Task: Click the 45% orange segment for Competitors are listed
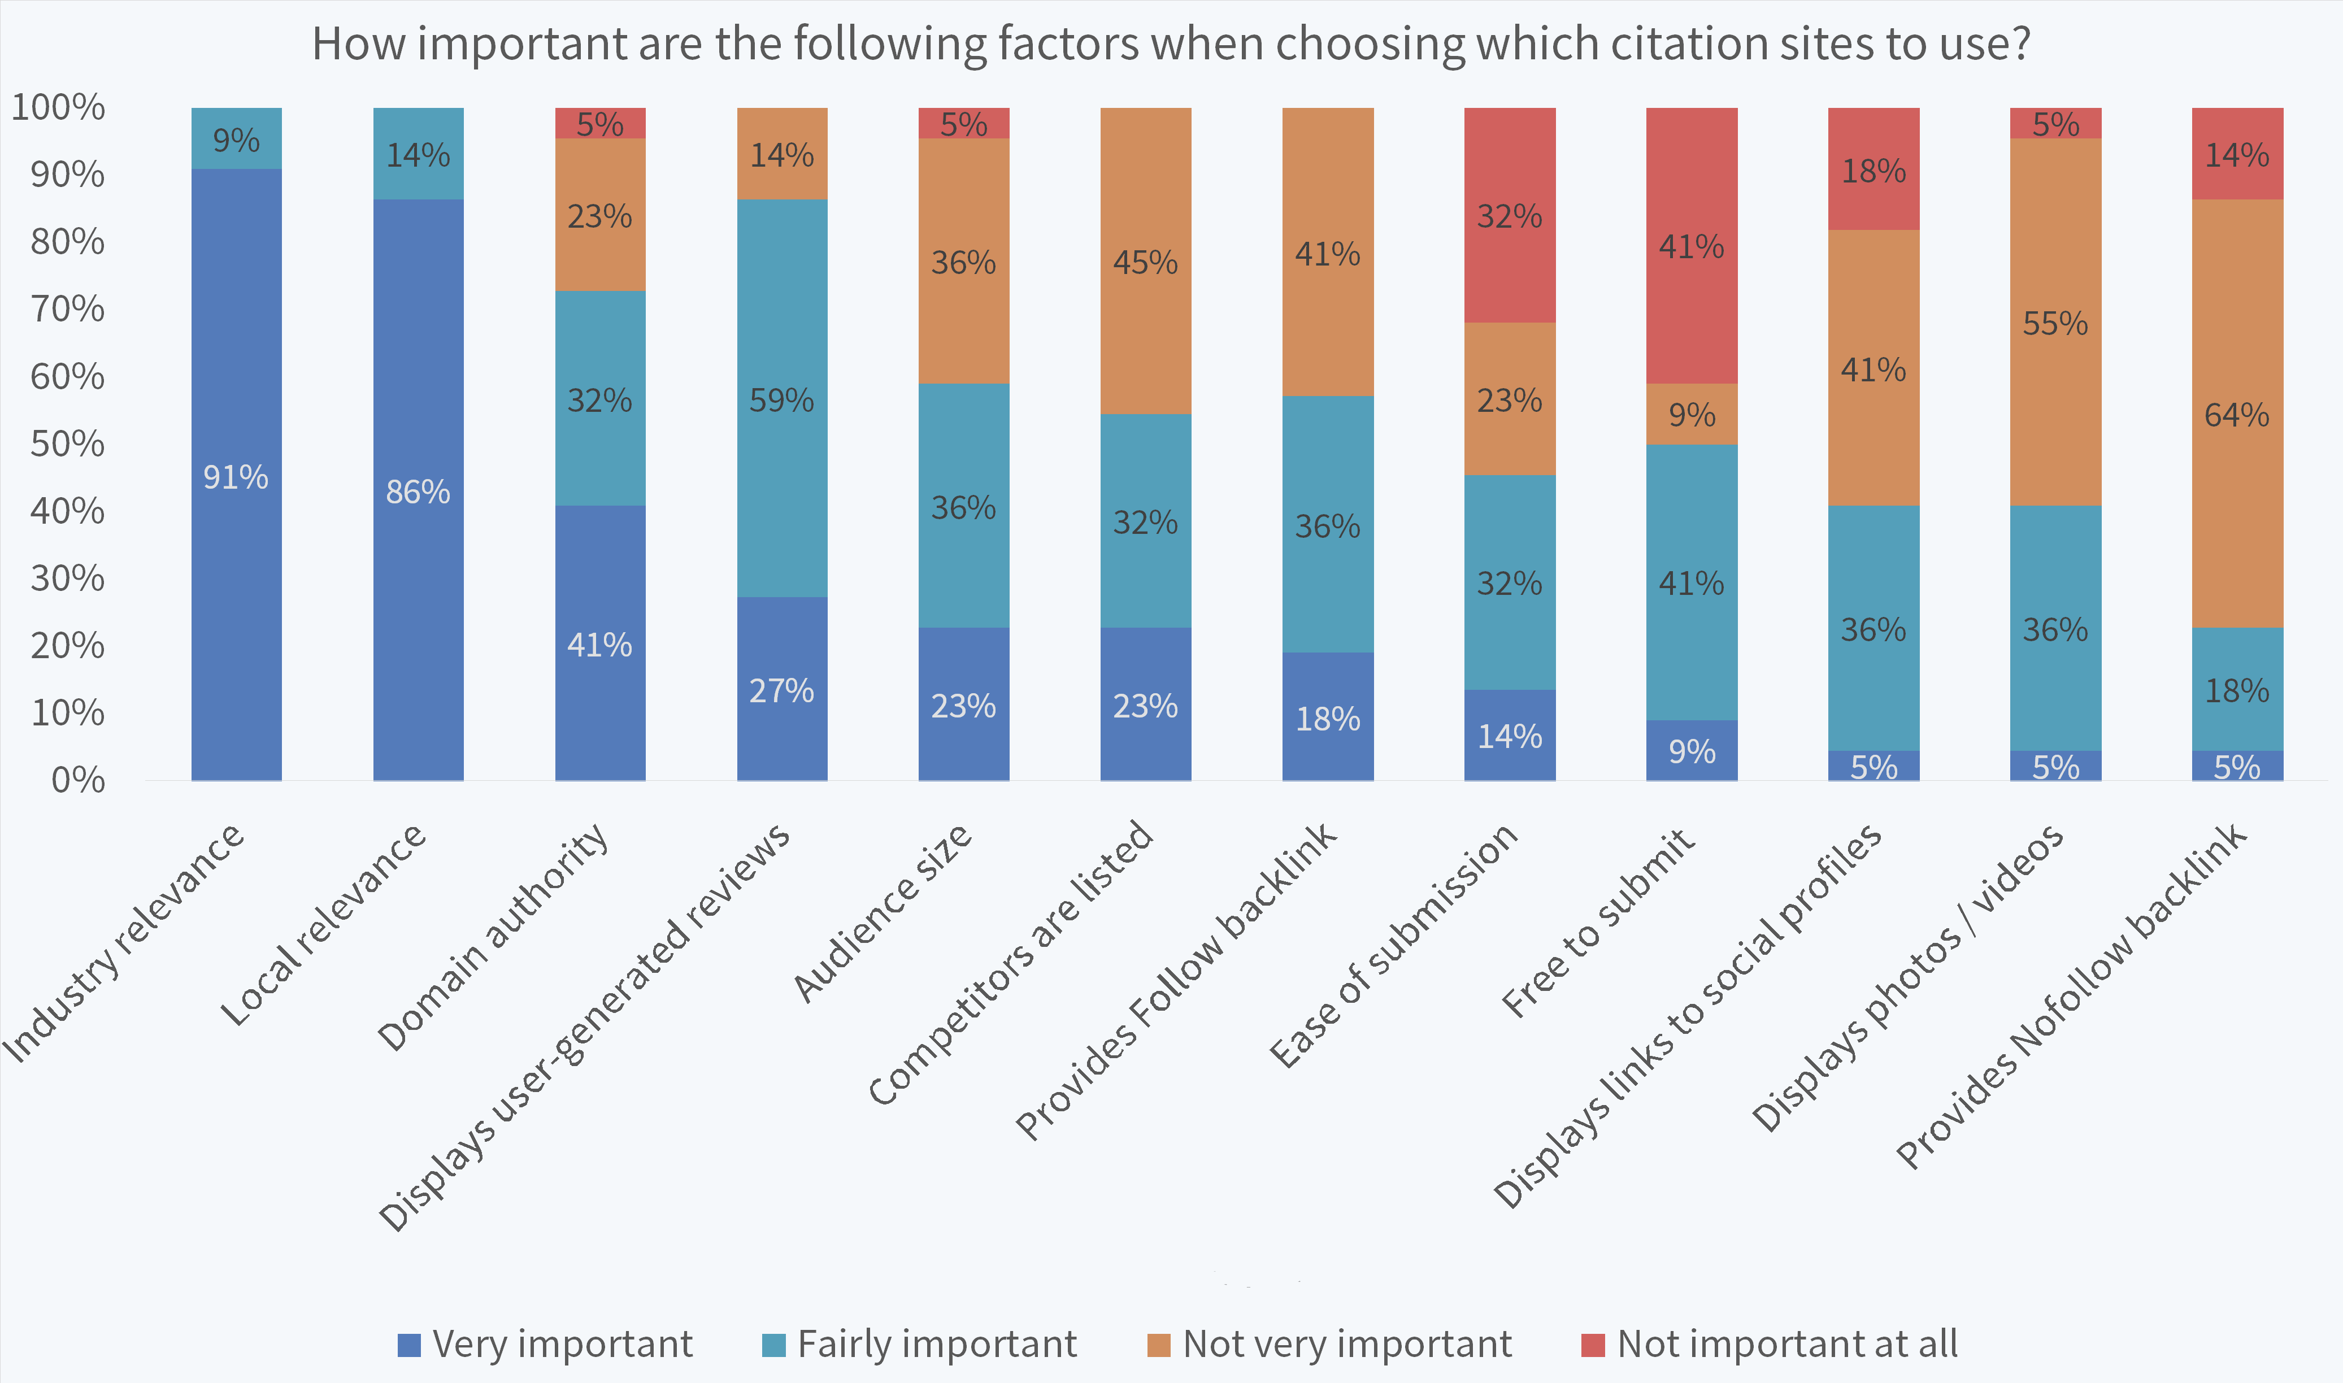[x=1145, y=262]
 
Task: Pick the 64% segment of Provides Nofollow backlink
[x=2237, y=414]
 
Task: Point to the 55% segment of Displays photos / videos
[x=2055, y=323]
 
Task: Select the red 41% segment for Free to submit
[x=1692, y=246]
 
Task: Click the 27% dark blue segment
[x=782, y=690]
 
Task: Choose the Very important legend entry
[x=545, y=1344]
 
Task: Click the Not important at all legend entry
[x=1770, y=1344]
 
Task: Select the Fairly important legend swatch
[x=773, y=1345]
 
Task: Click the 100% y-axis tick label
[x=58, y=107]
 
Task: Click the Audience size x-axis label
[x=883, y=914]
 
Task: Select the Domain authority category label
[x=493, y=937]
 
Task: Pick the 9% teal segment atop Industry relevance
[x=236, y=139]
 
